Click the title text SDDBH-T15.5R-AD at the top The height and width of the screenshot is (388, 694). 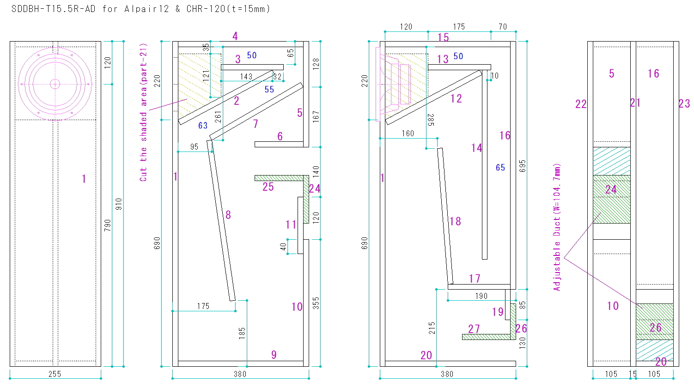pyautogui.click(x=53, y=9)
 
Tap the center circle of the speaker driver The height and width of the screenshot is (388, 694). pyautogui.click(x=55, y=84)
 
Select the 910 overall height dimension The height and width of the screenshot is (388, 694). pyautogui.click(x=119, y=204)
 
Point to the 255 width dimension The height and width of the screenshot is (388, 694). pyautogui.click(x=55, y=374)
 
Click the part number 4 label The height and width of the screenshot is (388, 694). pyautogui.click(x=235, y=36)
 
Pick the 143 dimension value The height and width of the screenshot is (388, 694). pyautogui.click(x=246, y=77)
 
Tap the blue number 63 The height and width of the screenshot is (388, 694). pyautogui.click(x=203, y=125)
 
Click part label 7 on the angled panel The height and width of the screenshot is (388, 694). pyautogui.click(x=256, y=124)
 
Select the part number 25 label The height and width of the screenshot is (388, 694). pyautogui.click(x=268, y=187)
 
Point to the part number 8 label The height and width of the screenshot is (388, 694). pyautogui.click(x=228, y=215)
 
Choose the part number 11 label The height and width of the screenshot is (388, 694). pyautogui.click(x=291, y=225)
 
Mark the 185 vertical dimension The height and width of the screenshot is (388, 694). pyautogui.click(x=242, y=333)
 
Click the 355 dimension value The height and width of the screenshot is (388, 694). pyautogui.click(x=316, y=303)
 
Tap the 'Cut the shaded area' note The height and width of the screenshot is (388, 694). pyautogui.click(x=144, y=112)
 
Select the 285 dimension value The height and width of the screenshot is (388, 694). pyautogui.click(x=430, y=120)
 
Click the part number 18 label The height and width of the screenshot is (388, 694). pyautogui.click(x=455, y=221)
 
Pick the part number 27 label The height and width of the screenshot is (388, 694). pyautogui.click(x=474, y=329)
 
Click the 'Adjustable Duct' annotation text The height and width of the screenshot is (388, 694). pyautogui.click(x=557, y=227)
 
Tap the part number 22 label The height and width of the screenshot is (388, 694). pyautogui.click(x=581, y=104)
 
